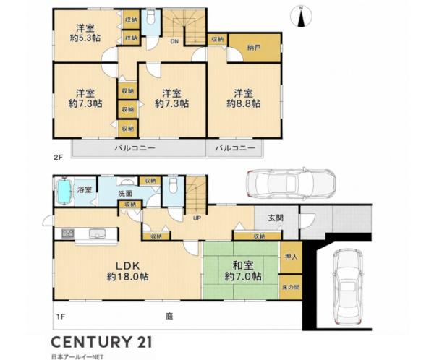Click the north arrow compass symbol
[301, 17]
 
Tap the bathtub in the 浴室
[64, 191]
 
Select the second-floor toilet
[151, 17]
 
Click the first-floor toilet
[173, 185]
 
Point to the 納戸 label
[254, 48]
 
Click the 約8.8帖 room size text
[244, 103]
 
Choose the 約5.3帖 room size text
[85, 38]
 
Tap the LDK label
[127, 265]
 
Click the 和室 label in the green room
[243, 265]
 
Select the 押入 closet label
[291, 257]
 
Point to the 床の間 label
[291, 287]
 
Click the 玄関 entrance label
[276, 218]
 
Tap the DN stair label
[174, 42]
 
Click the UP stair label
[197, 218]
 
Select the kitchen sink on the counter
[97, 233]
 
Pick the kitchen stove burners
[68, 233]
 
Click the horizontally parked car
[291, 183]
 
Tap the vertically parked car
[348, 286]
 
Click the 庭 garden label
[169, 316]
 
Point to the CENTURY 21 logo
[101, 342]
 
